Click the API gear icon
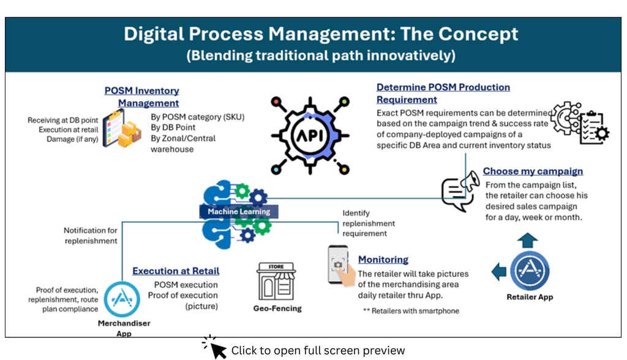tap(310, 134)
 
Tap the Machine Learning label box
tap(239, 212)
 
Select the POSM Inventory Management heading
tap(141, 97)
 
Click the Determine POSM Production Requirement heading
tap(443, 93)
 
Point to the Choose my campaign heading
tap(533, 171)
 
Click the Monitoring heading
tap(383, 260)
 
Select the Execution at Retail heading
tap(176, 271)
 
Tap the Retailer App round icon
tap(530, 271)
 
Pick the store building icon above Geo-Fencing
tap(276, 282)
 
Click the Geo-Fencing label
tap(277, 309)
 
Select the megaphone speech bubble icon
tap(460, 190)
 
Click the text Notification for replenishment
tap(91, 236)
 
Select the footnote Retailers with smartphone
tap(411, 311)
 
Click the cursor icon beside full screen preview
tap(215, 348)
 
